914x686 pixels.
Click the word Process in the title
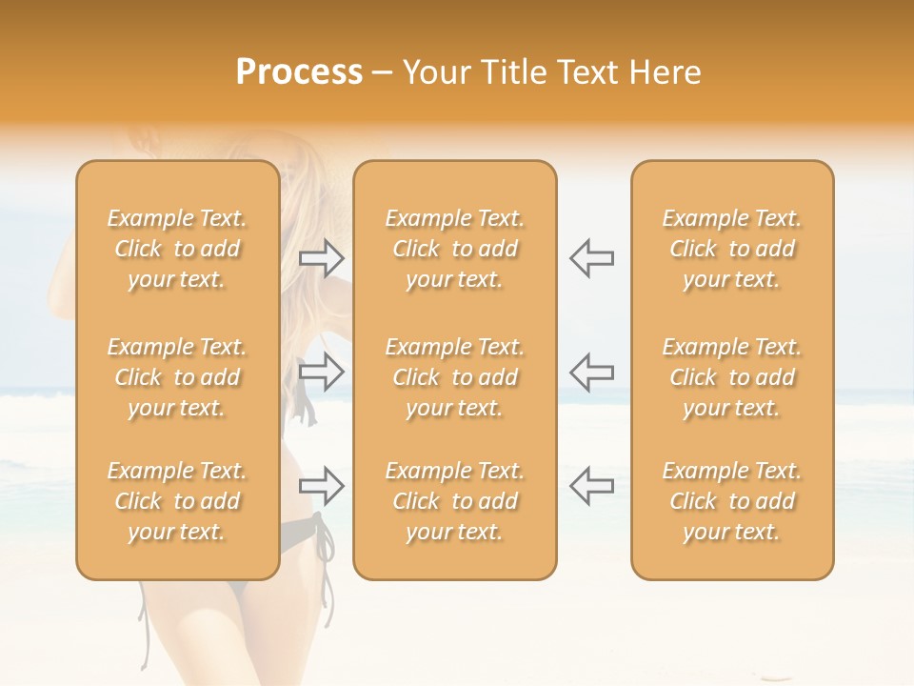point(299,72)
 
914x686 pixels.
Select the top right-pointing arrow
point(322,257)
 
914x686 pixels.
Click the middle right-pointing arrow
point(322,372)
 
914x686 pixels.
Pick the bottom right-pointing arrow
point(322,486)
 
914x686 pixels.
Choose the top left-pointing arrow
point(591,257)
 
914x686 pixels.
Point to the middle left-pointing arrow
point(591,372)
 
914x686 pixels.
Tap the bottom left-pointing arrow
point(591,486)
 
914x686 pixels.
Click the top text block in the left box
point(177,249)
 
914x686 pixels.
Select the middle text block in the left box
point(177,377)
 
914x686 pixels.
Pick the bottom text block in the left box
point(177,501)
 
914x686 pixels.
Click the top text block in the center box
point(455,249)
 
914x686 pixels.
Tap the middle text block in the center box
point(455,377)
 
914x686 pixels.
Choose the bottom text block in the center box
point(455,501)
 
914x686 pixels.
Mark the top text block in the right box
point(732,249)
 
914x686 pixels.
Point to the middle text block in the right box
point(732,377)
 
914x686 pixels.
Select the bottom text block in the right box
point(732,501)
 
